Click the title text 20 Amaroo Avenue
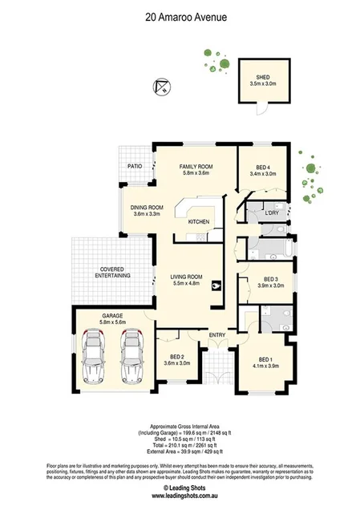180,15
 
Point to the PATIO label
134,166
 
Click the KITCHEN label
199,221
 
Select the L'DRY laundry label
272,213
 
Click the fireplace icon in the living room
215,285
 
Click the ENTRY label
217,334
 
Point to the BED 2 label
177,358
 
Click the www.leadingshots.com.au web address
180,495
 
